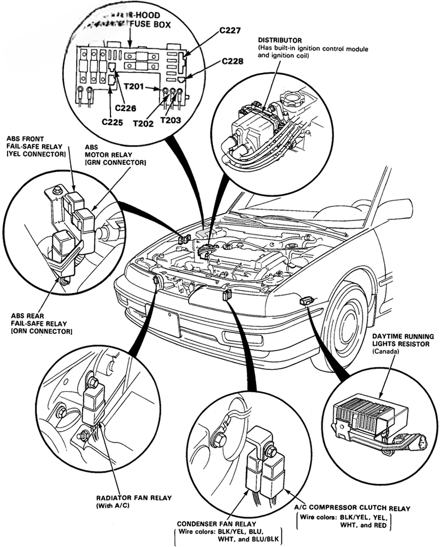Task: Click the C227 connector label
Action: pos(231,31)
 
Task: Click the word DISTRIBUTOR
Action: pos(280,40)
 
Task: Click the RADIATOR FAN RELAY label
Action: pos(133,498)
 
